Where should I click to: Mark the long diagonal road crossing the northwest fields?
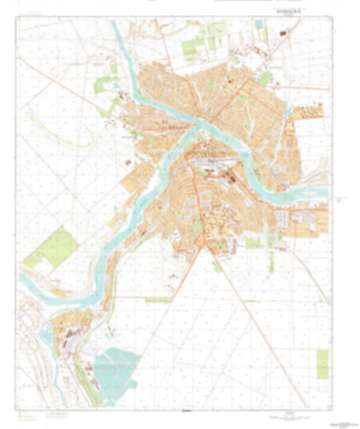point(68,87)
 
